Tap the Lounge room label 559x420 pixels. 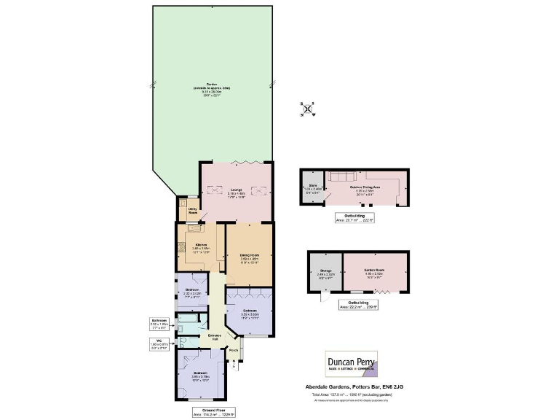(236, 191)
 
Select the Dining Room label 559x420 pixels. (250, 256)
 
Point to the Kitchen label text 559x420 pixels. (200, 247)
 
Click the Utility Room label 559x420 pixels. (193, 211)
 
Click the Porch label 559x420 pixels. (234, 350)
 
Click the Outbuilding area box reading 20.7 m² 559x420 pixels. (355, 218)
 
